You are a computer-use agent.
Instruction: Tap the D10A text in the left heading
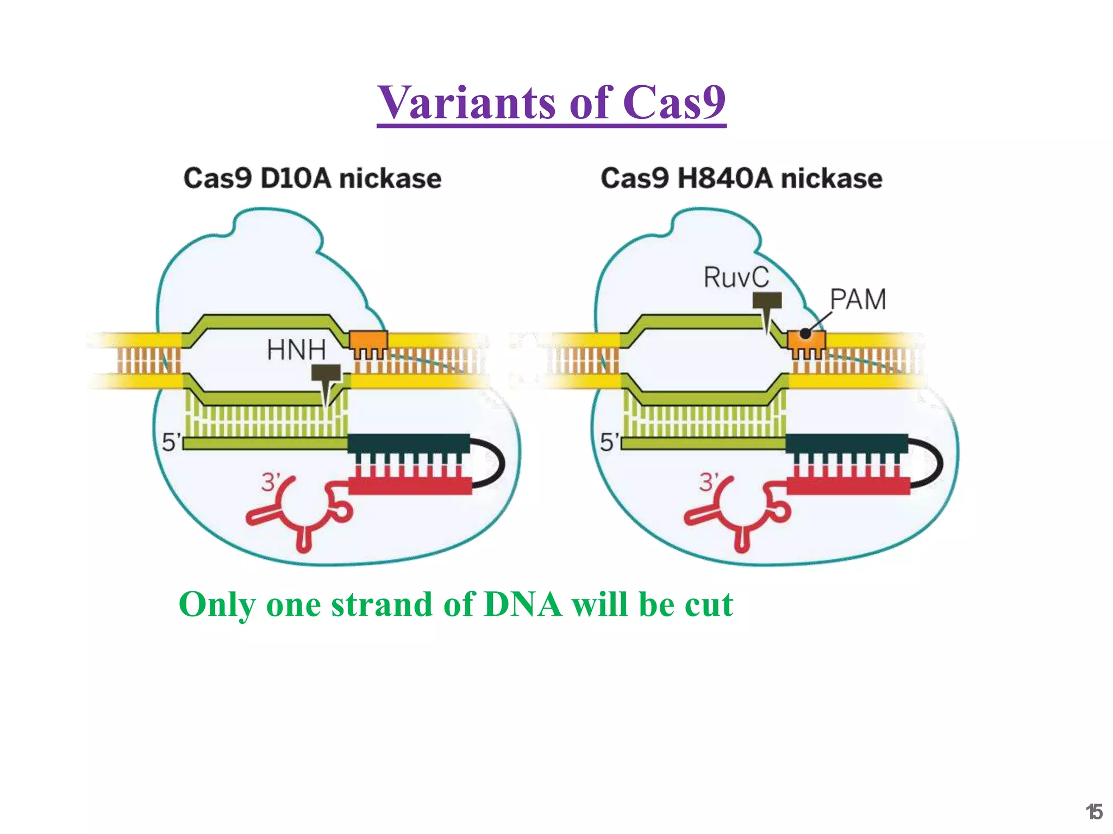click(295, 179)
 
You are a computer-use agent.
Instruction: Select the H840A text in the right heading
click(725, 179)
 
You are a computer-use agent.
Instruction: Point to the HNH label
click(296, 349)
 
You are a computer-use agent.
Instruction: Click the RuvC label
click(736, 277)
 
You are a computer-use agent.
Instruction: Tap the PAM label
click(858, 299)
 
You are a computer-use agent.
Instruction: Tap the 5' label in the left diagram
click(170, 442)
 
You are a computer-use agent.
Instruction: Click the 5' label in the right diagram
click(609, 442)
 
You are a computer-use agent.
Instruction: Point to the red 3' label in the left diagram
click(271, 482)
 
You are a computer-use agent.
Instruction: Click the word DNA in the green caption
click(523, 604)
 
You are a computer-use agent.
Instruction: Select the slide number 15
click(1094, 812)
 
